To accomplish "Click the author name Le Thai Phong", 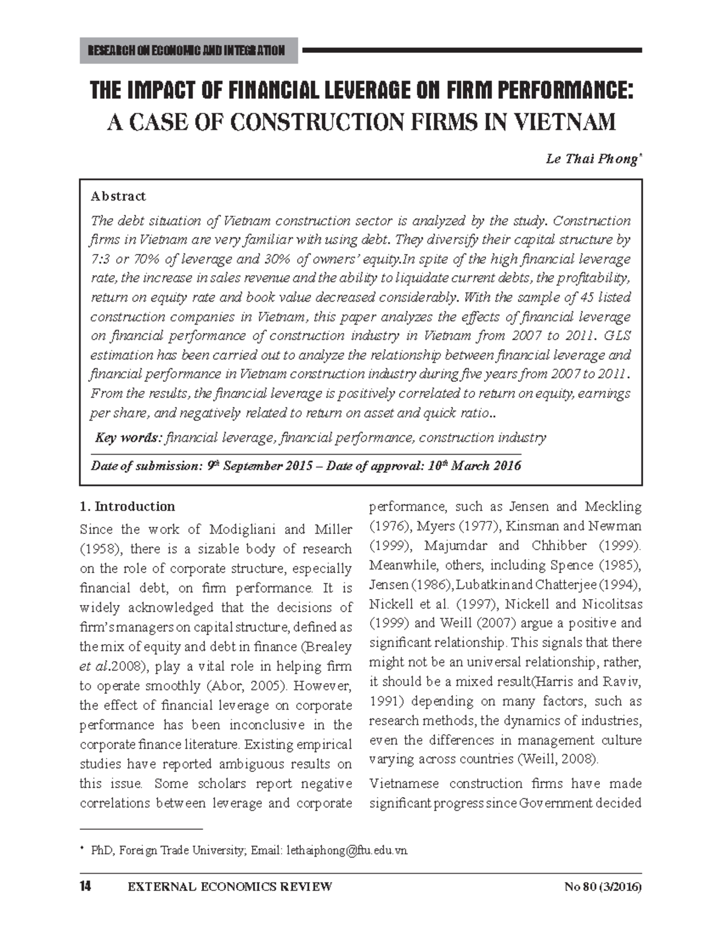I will tap(592, 159).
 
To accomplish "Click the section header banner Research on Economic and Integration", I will tap(188, 51).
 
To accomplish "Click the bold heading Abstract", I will tap(118, 196).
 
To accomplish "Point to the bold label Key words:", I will tap(129, 438).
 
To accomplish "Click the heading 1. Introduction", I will tap(127, 506).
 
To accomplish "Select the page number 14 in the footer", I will tap(85, 887).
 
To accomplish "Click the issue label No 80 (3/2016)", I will tap(603, 887).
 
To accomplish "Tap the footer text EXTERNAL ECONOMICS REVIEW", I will tap(230, 887).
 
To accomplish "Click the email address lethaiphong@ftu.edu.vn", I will tap(347, 851).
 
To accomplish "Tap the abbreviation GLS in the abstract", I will tap(616, 336).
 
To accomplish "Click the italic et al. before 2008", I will tap(91, 666).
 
